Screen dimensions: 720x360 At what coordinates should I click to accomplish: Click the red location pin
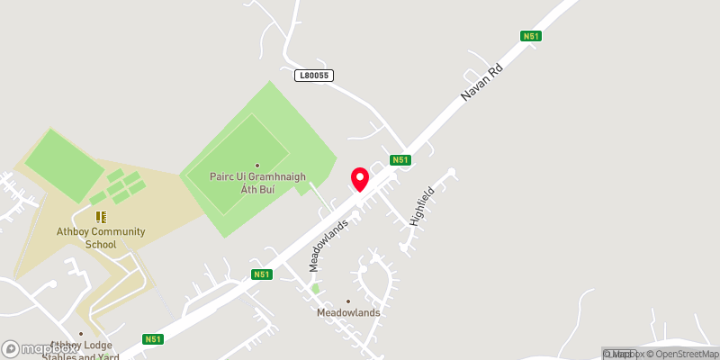click(360, 179)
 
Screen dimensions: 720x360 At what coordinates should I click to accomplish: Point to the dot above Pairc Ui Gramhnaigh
click(256, 165)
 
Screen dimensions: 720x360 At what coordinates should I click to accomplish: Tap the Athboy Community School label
click(102, 238)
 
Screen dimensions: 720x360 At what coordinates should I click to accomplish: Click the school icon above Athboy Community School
click(101, 217)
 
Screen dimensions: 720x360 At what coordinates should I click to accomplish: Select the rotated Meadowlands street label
click(328, 244)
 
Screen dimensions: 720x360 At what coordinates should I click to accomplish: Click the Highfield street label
click(421, 205)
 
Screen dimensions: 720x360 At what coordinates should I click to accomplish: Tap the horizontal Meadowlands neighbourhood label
click(348, 313)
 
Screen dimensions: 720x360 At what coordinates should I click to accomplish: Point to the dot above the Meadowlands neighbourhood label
click(348, 301)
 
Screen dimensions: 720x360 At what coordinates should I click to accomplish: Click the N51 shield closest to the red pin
click(400, 160)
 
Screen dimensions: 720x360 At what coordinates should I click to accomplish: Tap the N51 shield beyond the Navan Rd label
click(530, 36)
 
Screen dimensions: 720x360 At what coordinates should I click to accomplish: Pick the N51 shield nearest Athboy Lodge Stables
click(152, 339)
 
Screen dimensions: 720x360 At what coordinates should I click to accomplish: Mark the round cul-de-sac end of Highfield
click(452, 172)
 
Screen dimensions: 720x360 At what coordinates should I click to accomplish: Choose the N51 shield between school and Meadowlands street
click(261, 274)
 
